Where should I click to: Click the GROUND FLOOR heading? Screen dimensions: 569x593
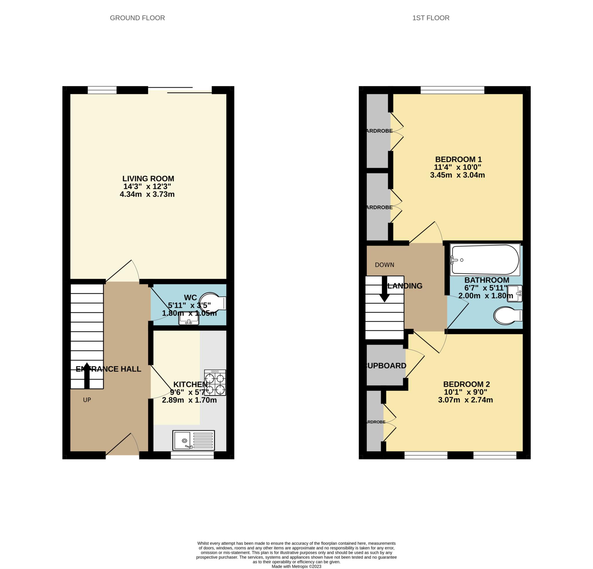[137, 18]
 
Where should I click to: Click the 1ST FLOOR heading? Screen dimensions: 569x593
[431, 18]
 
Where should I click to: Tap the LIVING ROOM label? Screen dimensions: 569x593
[148, 178]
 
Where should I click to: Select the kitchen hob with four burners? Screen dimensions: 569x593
[215, 382]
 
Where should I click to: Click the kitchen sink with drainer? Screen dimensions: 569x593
[193, 440]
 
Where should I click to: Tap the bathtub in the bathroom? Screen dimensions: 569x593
[485, 260]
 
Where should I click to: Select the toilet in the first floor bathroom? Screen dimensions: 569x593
[507, 316]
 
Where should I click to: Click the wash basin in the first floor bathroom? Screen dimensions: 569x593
[515, 293]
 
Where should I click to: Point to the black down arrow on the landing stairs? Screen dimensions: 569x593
[384, 289]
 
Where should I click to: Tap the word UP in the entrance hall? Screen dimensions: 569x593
[87, 400]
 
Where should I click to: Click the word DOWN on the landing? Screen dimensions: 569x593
[384, 265]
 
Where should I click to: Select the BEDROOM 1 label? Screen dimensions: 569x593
[458, 159]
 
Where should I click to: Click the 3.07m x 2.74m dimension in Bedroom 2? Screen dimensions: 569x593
[465, 400]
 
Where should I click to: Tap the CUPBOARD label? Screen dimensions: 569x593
[386, 366]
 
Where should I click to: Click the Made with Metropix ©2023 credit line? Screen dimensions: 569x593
[296, 566]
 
